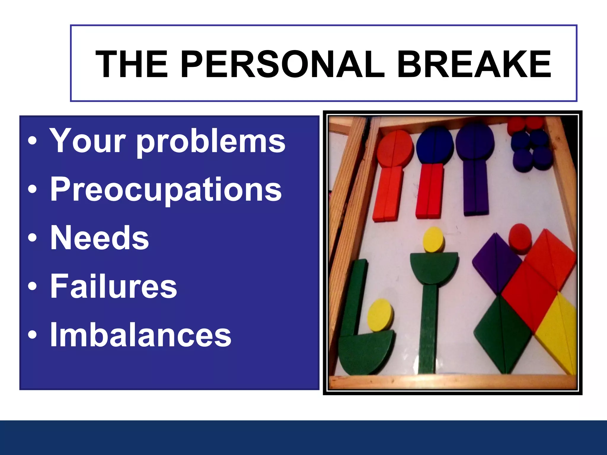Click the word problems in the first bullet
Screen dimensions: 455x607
[x=211, y=142]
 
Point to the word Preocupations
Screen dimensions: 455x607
[x=166, y=190]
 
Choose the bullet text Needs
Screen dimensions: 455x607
[x=99, y=238]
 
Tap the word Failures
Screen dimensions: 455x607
[x=114, y=286]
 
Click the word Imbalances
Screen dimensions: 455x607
[x=140, y=335]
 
